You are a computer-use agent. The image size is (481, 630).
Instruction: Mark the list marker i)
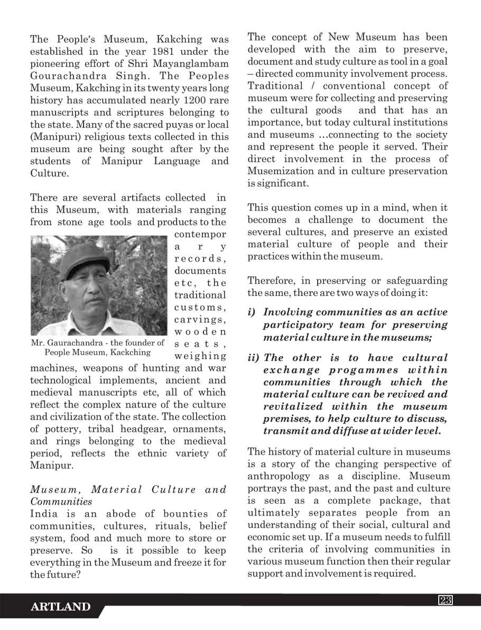253,312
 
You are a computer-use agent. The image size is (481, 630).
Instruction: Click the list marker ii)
254,358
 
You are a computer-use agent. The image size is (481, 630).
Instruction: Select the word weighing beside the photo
200,356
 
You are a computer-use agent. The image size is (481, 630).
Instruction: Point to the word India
44,513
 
